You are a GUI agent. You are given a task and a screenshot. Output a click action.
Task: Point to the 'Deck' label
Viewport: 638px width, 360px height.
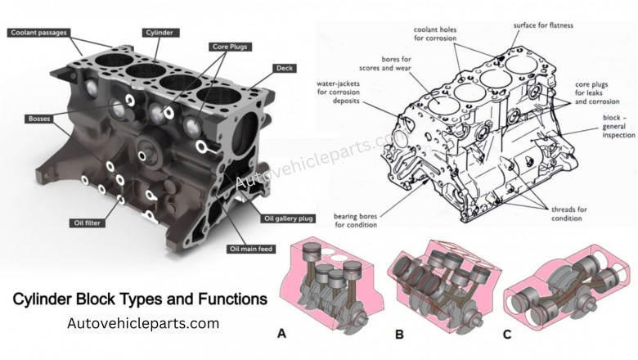[x=285, y=68]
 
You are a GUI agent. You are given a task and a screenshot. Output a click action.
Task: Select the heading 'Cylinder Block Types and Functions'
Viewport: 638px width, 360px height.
[x=140, y=299]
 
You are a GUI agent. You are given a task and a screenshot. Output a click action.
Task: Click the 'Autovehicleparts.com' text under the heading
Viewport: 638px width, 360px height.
[x=143, y=323]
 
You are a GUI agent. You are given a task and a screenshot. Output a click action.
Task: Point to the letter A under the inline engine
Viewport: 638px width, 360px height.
[x=282, y=333]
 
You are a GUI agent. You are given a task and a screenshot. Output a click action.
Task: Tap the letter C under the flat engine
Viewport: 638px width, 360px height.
[x=509, y=333]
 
